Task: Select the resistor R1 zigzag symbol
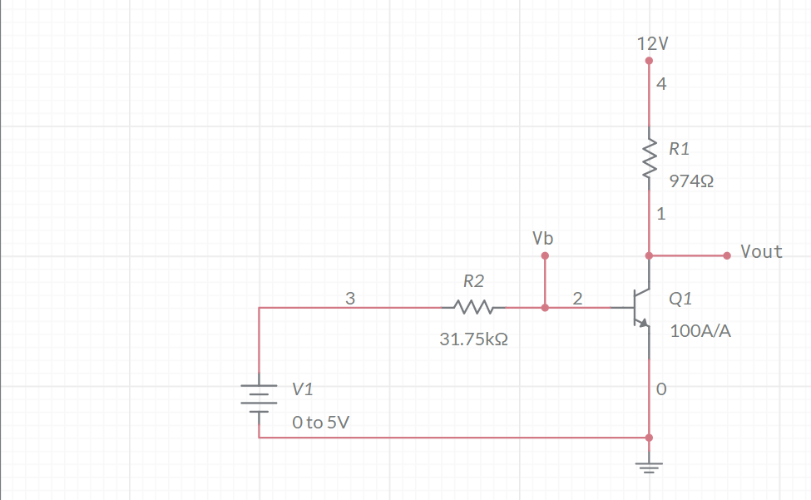click(649, 161)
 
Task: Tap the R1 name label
click(679, 149)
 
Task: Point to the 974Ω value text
click(691, 181)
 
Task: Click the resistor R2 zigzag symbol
click(473, 308)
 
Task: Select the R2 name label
click(473, 281)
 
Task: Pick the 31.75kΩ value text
click(473, 340)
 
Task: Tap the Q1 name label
click(680, 298)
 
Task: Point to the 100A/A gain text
click(700, 330)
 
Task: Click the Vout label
click(761, 252)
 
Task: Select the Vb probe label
click(543, 239)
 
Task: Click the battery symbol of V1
click(259, 398)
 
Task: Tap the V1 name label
click(303, 389)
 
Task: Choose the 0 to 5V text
click(320, 423)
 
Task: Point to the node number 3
click(350, 299)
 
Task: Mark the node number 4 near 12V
click(660, 84)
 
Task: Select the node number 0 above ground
click(660, 389)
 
